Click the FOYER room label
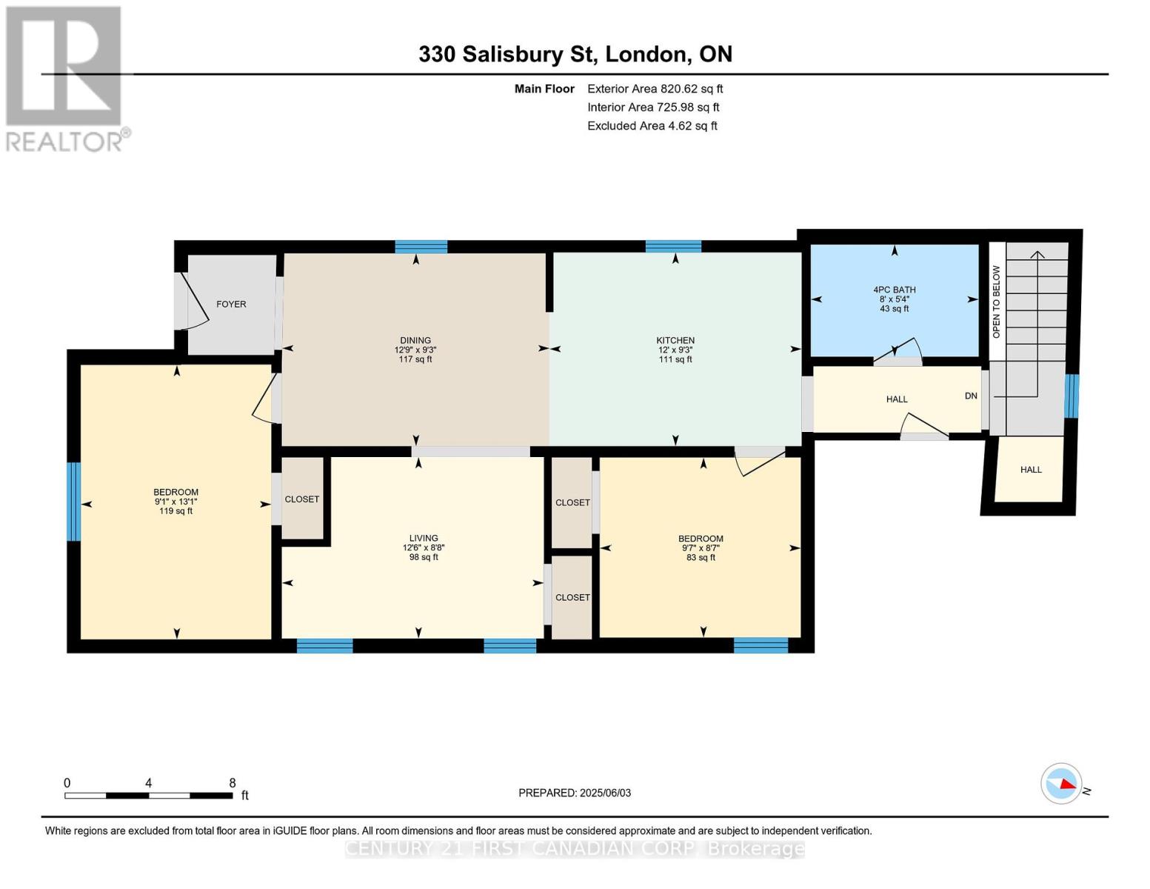231,304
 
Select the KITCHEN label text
675,341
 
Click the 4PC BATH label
895,290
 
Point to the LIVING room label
424,539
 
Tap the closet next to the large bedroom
302,499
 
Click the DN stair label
971,396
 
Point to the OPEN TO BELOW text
997,302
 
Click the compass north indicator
1063,783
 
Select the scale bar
148,796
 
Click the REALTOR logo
65,78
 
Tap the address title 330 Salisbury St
575,54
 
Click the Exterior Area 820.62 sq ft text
655,89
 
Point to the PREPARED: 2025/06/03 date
575,793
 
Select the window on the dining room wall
421,247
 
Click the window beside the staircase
1072,396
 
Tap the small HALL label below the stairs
1031,470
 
